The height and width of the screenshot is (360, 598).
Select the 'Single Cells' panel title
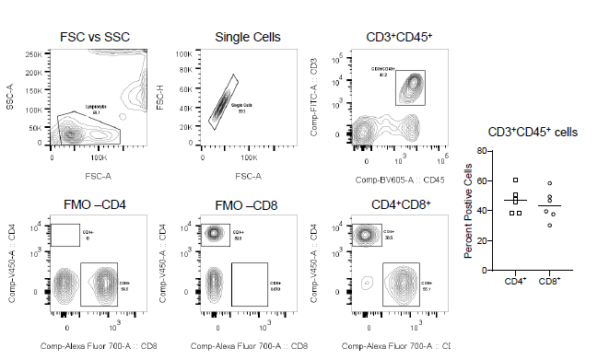(x=248, y=37)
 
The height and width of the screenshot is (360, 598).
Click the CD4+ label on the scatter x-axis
(x=515, y=281)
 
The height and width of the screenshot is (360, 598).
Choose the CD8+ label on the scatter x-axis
(x=549, y=281)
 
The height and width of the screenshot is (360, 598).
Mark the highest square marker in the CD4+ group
(x=516, y=180)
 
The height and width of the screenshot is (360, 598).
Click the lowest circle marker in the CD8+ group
(x=550, y=225)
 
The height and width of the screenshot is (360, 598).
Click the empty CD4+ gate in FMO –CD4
(x=65, y=235)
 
